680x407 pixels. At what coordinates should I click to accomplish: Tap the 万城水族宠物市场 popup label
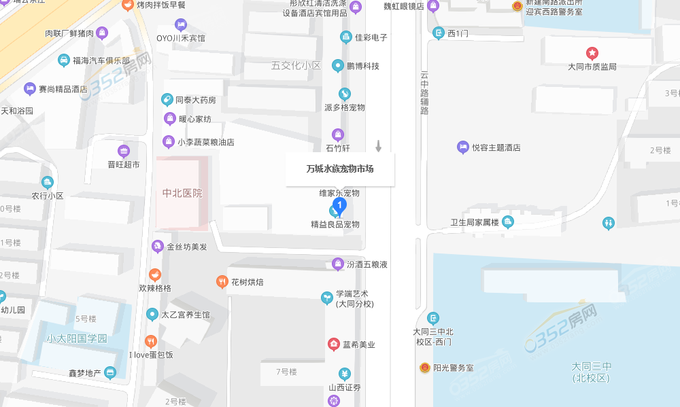tap(340, 169)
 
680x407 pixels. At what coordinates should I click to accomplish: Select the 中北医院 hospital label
tap(182, 193)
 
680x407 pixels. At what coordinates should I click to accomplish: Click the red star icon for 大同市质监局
tap(592, 53)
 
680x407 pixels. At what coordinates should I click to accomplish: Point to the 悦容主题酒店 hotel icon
tap(462, 147)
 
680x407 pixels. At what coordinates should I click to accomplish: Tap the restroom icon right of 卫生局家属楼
tap(609, 222)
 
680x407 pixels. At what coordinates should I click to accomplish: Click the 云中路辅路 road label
tap(424, 93)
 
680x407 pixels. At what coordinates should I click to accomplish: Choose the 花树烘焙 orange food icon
tap(222, 281)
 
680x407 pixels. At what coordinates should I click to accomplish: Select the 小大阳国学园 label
tap(77, 338)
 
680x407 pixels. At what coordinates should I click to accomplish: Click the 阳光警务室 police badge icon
tap(424, 368)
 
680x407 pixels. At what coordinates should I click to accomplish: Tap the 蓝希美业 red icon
tap(333, 344)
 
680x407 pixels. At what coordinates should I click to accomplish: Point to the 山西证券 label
tap(345, 387)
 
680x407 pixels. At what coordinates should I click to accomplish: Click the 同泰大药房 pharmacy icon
tap(167, 100)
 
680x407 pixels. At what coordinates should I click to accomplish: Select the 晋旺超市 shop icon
tap(123, 151)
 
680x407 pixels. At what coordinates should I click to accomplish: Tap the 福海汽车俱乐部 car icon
tap(63, 60)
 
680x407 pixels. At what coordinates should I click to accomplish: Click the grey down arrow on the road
tap(379, 145)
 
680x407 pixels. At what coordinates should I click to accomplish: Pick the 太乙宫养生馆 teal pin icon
tap(152, 315)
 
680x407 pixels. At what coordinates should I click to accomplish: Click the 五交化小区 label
tap(296, 66)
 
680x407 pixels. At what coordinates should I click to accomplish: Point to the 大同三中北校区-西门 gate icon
tap(433, 318)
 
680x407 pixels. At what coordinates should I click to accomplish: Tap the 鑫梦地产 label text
tap(84, 373)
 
